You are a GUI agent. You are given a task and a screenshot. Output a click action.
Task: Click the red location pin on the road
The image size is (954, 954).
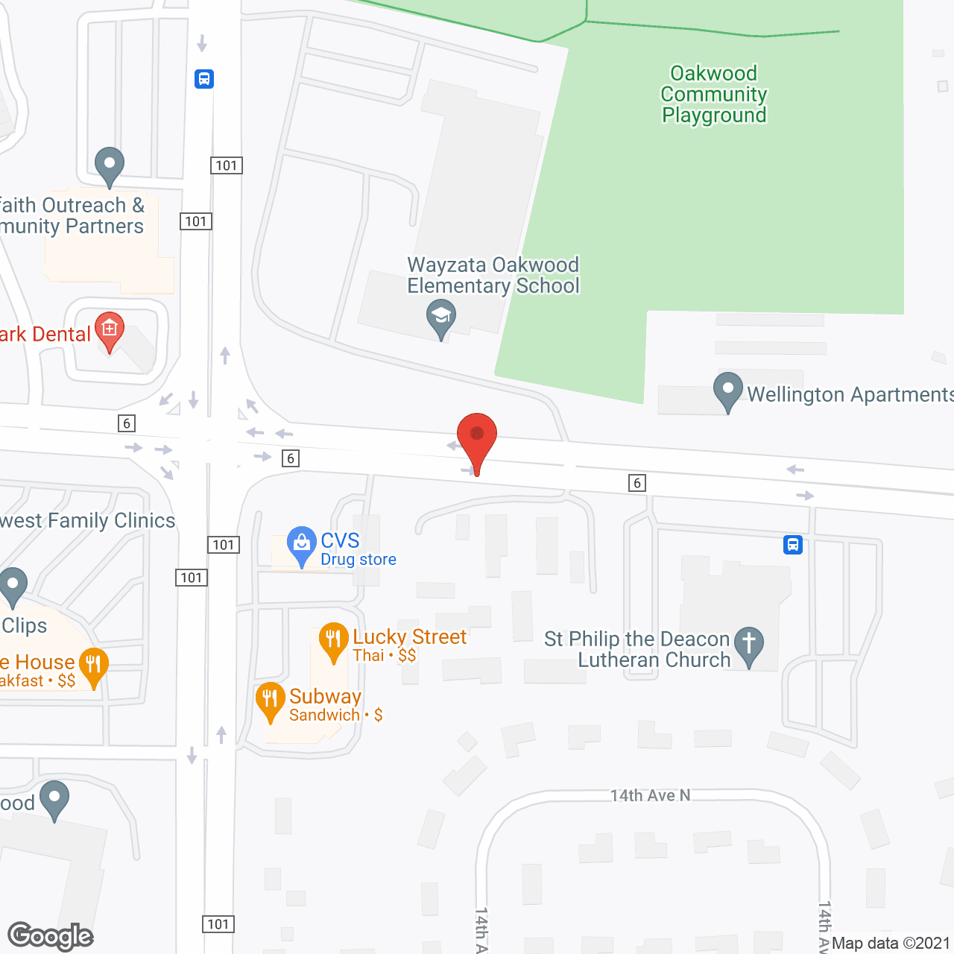[477, 437]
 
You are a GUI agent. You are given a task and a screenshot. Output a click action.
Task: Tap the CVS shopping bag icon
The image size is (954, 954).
[301, 544]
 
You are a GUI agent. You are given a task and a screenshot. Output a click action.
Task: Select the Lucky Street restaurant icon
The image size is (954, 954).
[333, 639]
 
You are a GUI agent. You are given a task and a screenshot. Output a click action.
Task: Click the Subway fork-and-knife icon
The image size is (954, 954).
[270, 699]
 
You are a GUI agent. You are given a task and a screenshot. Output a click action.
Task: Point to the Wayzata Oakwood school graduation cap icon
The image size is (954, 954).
[441, 316]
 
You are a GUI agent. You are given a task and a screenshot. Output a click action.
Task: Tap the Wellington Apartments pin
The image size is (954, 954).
[727, 390]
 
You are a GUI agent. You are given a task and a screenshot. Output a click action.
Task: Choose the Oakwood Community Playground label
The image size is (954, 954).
[714, 94]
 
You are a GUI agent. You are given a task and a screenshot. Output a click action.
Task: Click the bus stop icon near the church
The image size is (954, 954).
[793, 545]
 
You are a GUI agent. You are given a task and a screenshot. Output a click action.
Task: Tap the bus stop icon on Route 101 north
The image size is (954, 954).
[204, 78]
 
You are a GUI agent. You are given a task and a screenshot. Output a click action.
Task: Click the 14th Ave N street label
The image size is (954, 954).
[650, 795]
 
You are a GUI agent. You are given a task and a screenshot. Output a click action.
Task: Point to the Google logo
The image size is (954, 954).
[51, 936]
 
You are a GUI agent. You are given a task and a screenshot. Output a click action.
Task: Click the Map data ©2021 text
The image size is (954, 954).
[891, 944]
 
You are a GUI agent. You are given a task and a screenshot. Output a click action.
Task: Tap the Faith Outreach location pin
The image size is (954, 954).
[110, 165]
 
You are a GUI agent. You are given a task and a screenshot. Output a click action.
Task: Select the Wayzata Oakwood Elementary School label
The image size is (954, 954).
[493, 275]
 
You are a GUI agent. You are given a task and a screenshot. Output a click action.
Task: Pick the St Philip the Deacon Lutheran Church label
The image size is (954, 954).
[637, 649]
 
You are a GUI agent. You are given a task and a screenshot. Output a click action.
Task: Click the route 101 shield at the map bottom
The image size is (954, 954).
[218, 924]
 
